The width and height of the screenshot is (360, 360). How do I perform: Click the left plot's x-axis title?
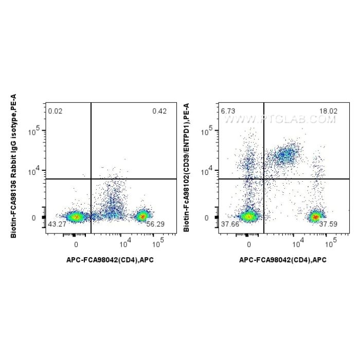pos(110,260)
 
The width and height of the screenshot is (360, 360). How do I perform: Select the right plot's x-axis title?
pos(283,260)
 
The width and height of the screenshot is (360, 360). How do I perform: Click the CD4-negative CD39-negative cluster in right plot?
pos(249,217)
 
